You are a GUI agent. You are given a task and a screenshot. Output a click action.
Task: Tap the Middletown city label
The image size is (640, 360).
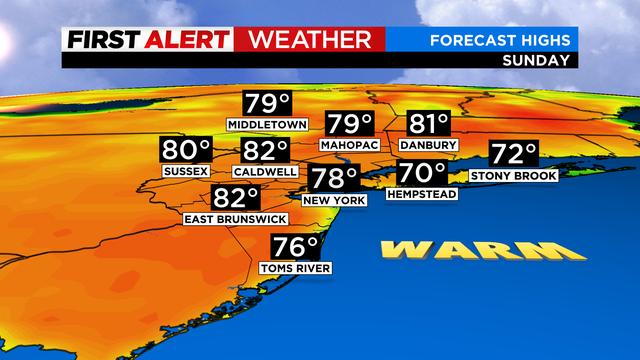pos(265,125)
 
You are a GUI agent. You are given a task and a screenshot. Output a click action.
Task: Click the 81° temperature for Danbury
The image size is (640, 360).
pos(429,125)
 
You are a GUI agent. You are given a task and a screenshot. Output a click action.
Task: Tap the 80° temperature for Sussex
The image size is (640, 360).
pos(186,152)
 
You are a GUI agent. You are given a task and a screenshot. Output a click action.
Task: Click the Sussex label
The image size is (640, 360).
pos(186,172)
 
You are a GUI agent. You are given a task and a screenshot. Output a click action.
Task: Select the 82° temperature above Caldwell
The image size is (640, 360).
pos(265,152)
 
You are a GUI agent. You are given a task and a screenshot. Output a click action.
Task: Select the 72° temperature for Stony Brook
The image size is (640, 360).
pos(514,155)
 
